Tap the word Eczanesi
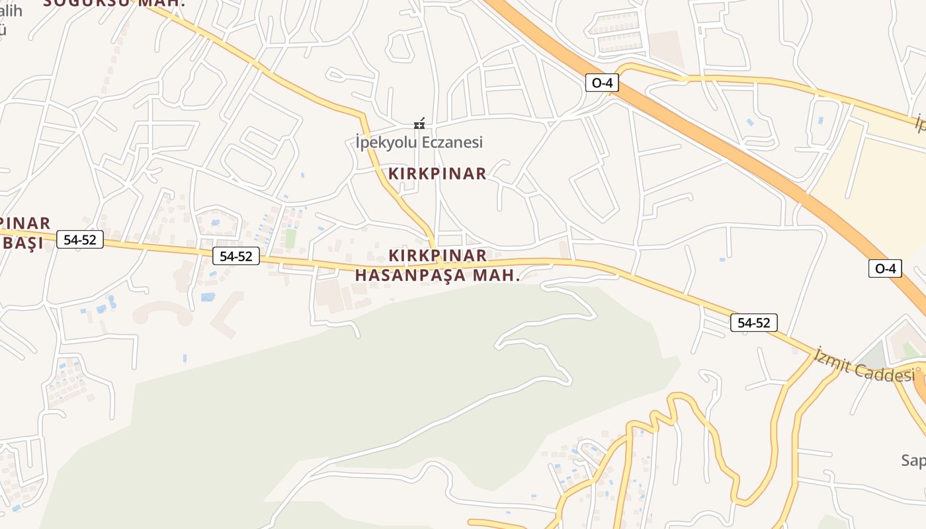point(455,142)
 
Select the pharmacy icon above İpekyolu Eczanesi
point(419,124)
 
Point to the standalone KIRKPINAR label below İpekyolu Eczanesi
point(437,174)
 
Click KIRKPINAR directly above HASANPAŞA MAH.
point(438,255)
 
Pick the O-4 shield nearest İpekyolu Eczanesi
point(602,83)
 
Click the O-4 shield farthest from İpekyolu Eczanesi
point(885,268)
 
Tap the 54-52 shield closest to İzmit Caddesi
point(754,323)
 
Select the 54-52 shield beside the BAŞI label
point(80,239)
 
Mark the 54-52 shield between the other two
point(236,256)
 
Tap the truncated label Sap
point(913,460)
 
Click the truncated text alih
point(11,11)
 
